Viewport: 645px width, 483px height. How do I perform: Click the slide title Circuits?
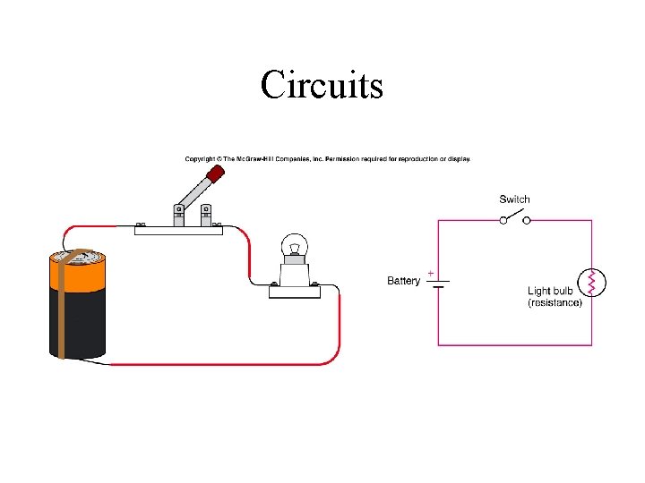point(322,85)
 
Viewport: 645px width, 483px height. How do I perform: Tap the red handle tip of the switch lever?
point(214,174)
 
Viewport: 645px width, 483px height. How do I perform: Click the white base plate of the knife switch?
point(178,228)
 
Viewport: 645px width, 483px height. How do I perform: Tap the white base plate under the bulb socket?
point(295,289)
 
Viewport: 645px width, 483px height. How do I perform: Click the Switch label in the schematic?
point(514,199)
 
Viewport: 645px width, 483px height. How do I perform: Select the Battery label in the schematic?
point(403,281)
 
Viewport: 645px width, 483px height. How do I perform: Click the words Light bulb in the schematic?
point(551,291)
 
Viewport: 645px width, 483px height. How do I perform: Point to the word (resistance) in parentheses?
point(555,303)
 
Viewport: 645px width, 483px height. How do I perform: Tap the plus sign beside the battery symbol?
point(432,272)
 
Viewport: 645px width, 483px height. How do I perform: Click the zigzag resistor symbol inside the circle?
point(591,282)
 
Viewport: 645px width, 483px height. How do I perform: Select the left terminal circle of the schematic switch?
point(503,220)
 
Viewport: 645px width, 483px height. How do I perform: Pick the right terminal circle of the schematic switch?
point(527,220)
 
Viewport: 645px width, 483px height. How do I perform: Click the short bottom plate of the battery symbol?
point(438,287)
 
